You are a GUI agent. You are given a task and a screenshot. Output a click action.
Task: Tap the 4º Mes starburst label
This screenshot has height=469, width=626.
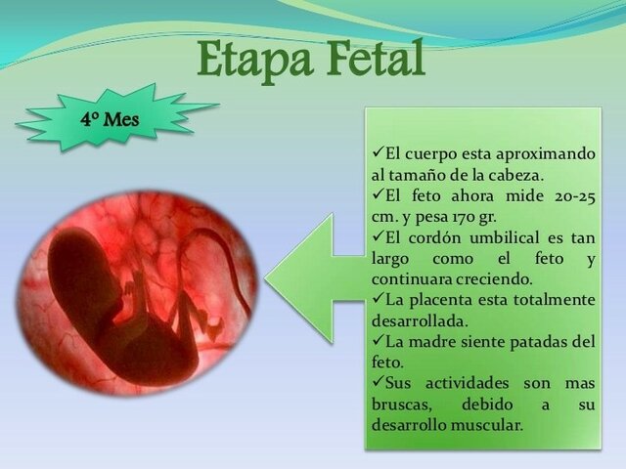111,121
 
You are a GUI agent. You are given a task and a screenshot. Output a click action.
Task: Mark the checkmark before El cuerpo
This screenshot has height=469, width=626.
378,153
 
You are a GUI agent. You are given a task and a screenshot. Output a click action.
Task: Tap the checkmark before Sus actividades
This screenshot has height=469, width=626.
378,383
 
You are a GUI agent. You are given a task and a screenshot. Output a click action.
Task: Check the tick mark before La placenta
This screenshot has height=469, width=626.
378,299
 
